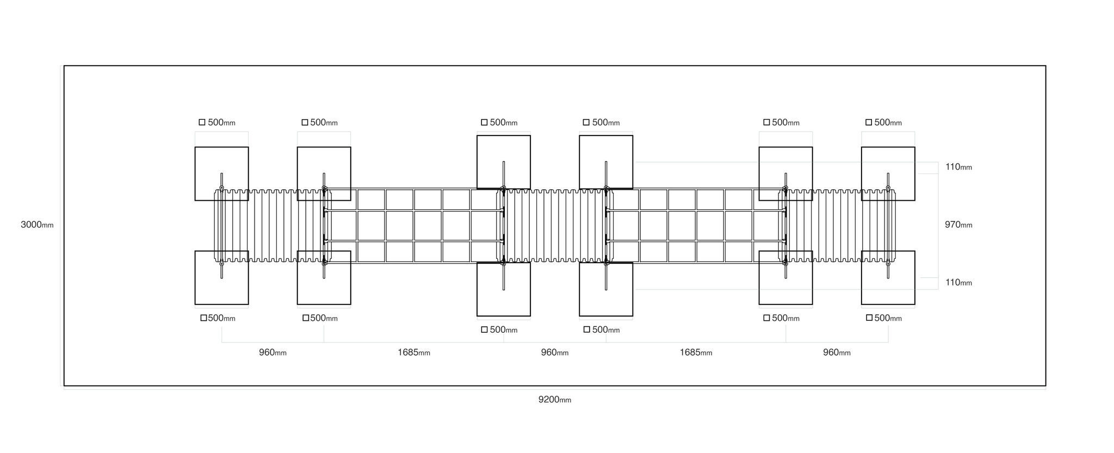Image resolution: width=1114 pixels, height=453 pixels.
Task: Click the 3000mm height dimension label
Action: click(37, 225)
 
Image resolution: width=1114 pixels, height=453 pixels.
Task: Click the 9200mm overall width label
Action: click(555, 400)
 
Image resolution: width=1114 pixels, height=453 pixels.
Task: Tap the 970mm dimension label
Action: click(958, 225)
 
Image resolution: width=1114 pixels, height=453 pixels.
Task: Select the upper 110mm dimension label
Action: click(958, 167)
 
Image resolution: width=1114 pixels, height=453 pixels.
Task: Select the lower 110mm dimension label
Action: click(958, 282)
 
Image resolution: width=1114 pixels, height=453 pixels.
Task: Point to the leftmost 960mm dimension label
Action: click(273, 352)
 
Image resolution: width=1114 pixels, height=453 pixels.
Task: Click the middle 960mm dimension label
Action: click(555, 352)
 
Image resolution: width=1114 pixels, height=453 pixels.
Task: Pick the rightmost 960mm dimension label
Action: click(837, 352)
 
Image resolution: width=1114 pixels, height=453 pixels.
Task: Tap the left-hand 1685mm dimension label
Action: click(414, 352)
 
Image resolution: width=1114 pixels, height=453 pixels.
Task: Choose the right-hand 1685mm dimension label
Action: click(696, 352)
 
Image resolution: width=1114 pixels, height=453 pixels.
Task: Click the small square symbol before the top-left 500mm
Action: click(202, 122)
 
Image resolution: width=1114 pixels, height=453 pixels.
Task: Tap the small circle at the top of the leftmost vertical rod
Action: click(221, 188)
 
